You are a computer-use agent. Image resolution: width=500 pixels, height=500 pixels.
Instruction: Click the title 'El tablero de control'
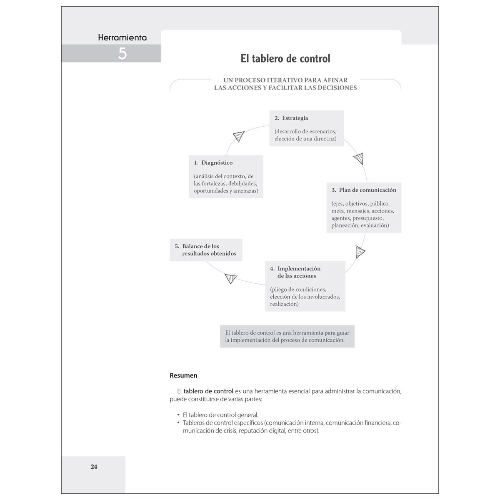pos(285,59)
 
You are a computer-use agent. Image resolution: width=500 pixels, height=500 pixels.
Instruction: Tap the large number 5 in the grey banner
pos(122,54)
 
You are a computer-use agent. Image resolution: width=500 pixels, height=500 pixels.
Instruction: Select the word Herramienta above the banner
pos(122,37)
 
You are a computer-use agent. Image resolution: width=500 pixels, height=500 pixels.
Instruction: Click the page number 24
pos(94,467)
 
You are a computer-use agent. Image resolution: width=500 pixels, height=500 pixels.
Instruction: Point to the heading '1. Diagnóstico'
pos(213,163)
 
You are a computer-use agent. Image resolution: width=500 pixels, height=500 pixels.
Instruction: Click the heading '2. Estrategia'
pos(291,118)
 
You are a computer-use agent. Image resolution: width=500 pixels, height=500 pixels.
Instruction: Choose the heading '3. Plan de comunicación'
pos(364,190)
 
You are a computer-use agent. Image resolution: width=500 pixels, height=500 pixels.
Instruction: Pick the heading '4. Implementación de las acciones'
pos(295,272)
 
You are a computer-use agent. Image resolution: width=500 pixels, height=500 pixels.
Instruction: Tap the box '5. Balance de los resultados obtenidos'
pos(206,250)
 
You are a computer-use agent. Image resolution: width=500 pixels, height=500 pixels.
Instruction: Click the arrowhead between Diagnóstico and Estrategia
pos(239,136)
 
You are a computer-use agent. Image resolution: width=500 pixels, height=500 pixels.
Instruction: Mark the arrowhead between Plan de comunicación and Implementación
pos(360,252)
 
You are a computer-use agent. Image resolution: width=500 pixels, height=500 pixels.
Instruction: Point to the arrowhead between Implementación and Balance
pos(230,278)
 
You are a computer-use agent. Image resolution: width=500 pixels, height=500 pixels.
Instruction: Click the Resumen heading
pos(183,375)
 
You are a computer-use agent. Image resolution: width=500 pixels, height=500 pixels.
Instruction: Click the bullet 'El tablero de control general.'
pos(220,415)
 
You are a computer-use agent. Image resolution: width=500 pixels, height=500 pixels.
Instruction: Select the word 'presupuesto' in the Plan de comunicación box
pos(368,218)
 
